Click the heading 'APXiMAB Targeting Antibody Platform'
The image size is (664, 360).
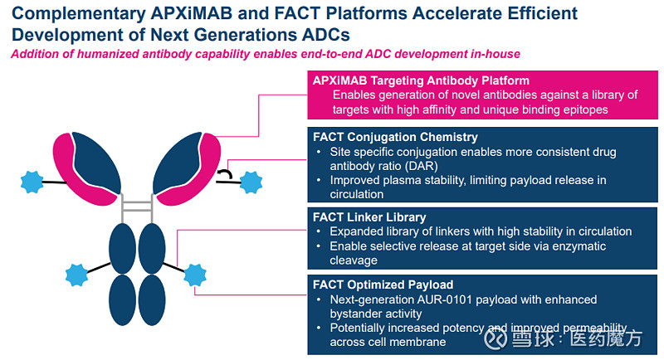tap(421, 81)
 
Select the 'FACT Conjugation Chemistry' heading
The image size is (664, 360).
tap(395, 137)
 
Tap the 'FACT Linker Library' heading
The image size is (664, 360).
tap(370, 217)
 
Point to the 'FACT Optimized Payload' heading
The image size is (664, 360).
tap(384, 285)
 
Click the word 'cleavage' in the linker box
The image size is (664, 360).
tap(354, 260)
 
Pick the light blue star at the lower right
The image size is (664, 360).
tap(195, 273)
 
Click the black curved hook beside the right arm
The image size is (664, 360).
tap(224, 174)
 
